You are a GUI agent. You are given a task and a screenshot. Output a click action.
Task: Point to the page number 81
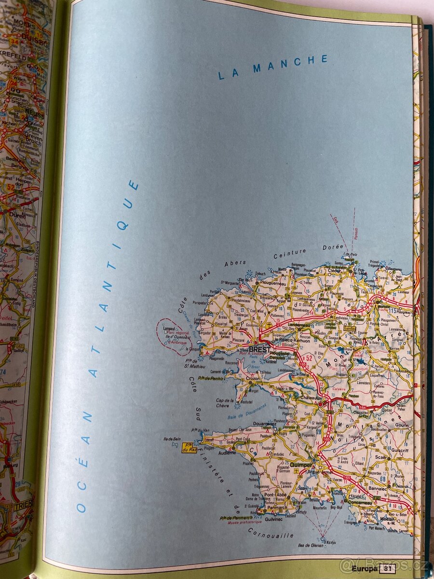(387, 568)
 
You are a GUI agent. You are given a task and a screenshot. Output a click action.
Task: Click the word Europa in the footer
(365, 568)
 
